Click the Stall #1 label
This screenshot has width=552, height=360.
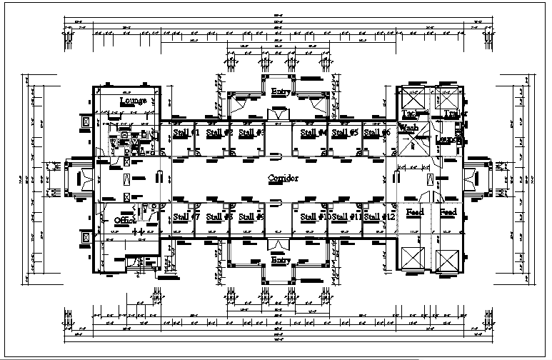[x=187, y=133]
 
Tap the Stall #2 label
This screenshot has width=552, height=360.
[x=219, y=133]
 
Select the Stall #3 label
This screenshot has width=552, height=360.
[x=251, y=133]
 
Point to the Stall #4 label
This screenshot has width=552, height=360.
[x=314, y=133]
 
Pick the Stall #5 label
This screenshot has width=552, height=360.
[x=345, y=133]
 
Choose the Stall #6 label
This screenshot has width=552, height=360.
[x=376, y=133]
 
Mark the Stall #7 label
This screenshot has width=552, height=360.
[x=187, y=216]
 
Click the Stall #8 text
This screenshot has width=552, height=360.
[x=219, y=216]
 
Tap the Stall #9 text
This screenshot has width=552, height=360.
[x=251, y=216]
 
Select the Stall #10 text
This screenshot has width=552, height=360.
[x=313, y=216]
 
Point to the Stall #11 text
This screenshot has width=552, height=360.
[x=346, y=216]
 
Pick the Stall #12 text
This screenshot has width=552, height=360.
[x=378, y=216]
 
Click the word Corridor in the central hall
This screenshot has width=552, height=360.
[x=282, y=177]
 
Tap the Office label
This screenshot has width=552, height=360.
[x=126, y=221]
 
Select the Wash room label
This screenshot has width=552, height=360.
[x=408, y=128]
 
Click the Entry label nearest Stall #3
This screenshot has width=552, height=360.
[x=280, y=91]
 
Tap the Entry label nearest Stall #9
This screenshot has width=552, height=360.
[x=280, y=261]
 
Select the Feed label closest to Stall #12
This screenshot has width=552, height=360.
[x=415, y=212]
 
